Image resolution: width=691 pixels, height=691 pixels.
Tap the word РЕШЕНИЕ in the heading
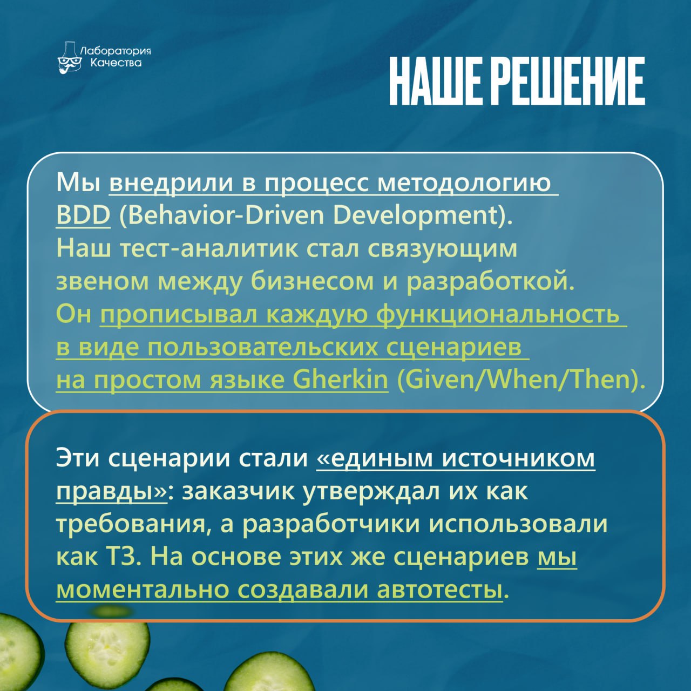point(571,81)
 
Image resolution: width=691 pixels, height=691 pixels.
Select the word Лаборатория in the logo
point(116,51)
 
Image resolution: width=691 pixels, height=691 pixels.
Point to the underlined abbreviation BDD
point(83,215)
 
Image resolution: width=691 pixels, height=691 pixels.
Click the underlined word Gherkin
point(340,380)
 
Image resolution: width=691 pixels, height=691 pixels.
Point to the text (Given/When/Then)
point(520,380)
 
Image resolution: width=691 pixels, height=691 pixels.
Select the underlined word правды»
point(111,492)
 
